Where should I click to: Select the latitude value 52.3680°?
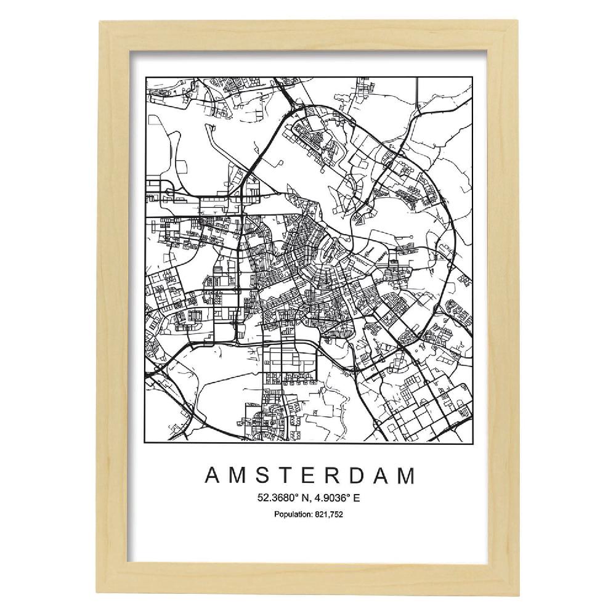[277, 498]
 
